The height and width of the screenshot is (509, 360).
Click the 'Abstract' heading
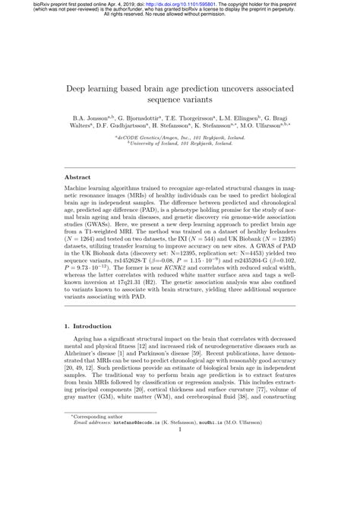(78, 176)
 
